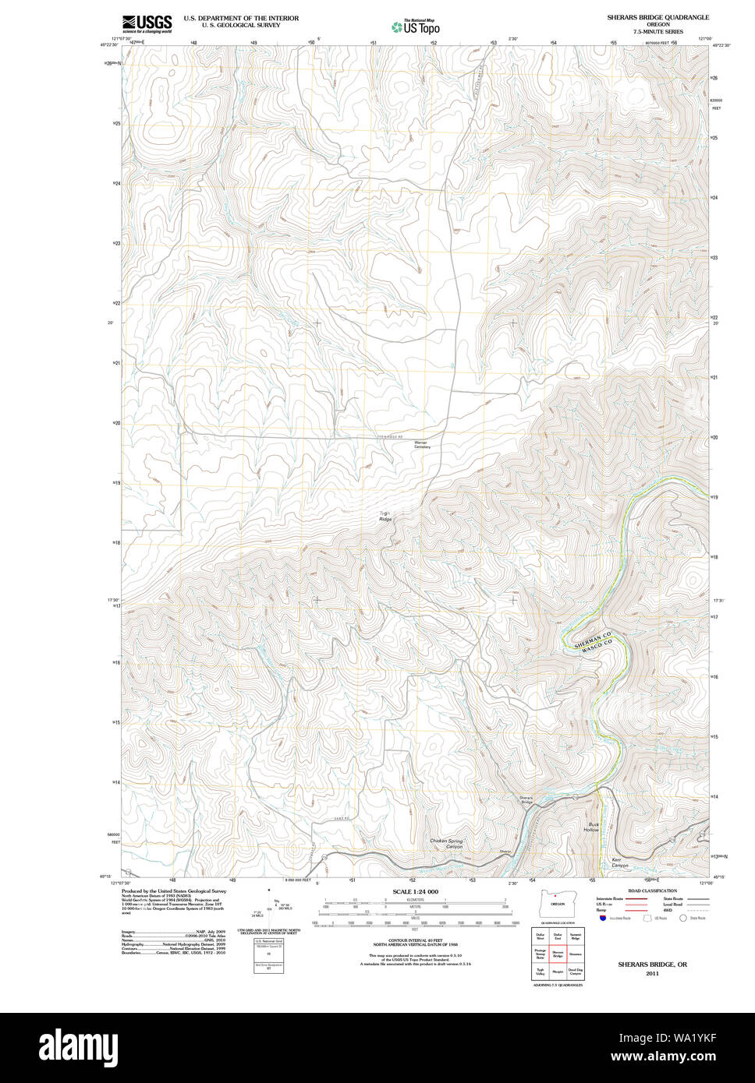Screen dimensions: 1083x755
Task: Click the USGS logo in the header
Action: tap(147, 23)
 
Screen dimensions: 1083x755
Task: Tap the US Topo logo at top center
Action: tap(416, 26)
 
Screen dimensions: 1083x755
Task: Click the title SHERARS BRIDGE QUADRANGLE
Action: tap(658, 17)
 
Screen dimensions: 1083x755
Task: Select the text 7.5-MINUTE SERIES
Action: tap(658, 31)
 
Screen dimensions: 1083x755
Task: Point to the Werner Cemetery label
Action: tap(421, 445)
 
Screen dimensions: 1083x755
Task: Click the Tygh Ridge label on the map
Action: tap(385, 516)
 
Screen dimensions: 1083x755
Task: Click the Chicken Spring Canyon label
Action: tap(446, 844)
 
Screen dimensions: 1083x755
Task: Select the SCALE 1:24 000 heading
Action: tap(415, 891)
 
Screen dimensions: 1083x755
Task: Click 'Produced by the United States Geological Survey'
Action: tap(174, 891)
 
